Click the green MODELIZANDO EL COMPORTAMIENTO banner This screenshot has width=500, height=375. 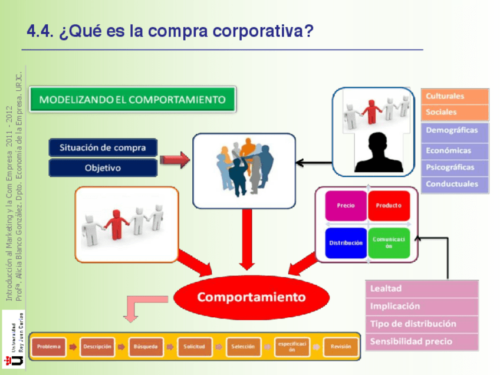(132, 100)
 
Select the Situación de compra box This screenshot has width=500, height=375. (103, 147)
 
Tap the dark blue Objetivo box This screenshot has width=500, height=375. (103, 167)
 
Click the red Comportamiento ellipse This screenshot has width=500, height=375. (251, 297)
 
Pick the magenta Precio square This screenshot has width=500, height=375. (346, 206)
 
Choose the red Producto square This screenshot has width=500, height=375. (389, 206)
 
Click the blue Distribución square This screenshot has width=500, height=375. (346, 242)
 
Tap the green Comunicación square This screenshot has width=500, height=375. (389, 242)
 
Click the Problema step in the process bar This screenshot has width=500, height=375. (49, 347)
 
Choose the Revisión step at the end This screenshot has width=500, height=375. (341, 347)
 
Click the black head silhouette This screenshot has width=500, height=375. (379, 152)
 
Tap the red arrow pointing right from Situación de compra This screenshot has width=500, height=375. (175, 158)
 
